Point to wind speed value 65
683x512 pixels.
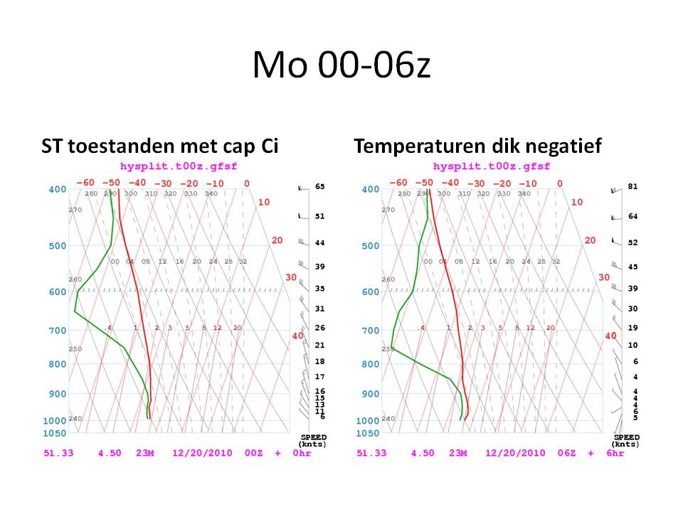pos(319,186)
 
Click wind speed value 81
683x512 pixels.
pos(632,186)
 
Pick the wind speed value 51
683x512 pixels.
pos(319,216)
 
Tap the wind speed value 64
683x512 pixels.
pos(632,216)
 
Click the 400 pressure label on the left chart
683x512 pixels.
pos(58,189)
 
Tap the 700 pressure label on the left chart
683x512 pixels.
pos(58,331)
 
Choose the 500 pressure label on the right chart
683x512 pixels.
pos(371,246)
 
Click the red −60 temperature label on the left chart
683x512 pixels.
pos(85,183)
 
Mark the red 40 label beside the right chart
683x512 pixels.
pos(610,336)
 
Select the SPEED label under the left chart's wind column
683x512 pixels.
pos(314,437)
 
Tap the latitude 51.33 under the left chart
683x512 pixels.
pos(58,453)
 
